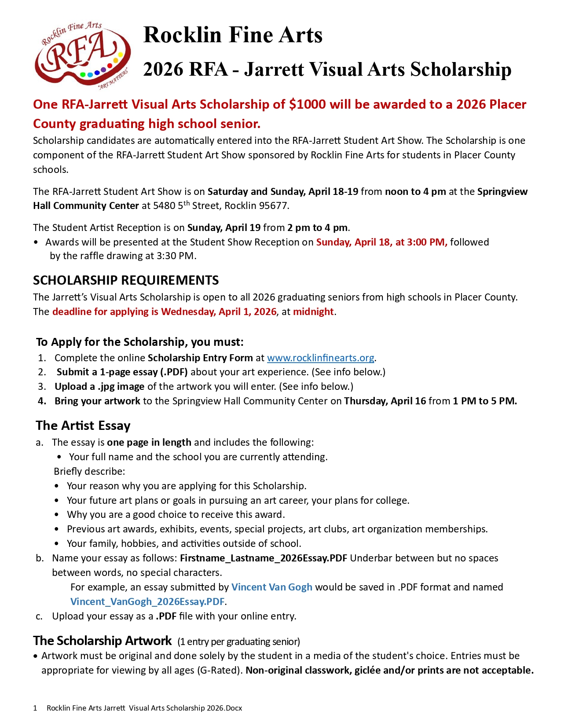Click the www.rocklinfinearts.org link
tap(320, 358)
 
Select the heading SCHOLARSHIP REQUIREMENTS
tap(126, 280)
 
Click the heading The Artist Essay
tap(83, 425)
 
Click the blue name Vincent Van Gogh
tap(271, 587)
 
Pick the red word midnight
tap(313, 312)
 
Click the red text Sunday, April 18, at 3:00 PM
tap(381, 242)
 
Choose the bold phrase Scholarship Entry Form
tap(200, 358)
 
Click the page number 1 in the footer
tap(35, 708)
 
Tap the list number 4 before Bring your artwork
tap(42, 401)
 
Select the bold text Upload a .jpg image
tap(99, 386)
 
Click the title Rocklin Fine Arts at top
tap(233, 35)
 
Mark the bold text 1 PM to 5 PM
tap(484, 401)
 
